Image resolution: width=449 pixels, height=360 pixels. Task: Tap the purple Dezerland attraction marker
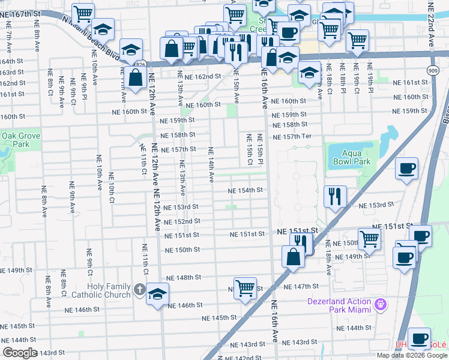coord(379,305)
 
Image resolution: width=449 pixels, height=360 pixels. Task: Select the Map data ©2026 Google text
coord(412,355)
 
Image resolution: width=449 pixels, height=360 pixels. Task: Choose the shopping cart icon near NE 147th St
coord(245,288)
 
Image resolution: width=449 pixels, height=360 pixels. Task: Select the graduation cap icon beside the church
coord(158,294)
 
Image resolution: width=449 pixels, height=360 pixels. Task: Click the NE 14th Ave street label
coord(211,164)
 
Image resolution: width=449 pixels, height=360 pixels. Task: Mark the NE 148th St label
coord(183,278)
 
